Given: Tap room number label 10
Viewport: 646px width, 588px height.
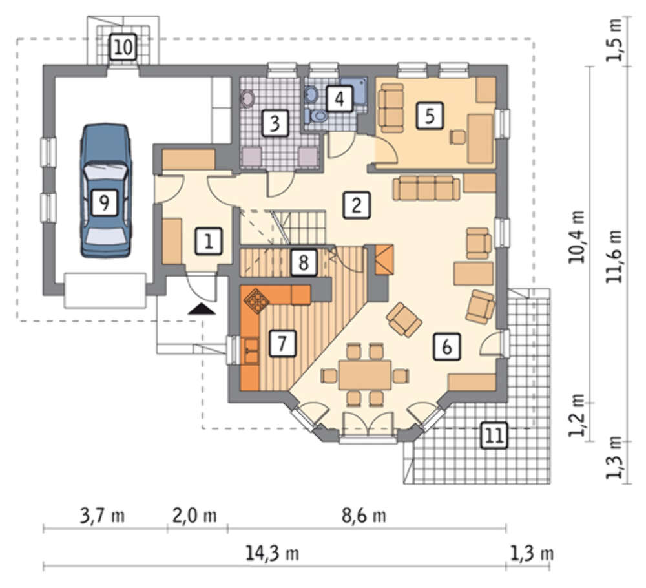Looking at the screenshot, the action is (123, 47).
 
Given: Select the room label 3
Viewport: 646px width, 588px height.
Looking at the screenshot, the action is (275, 123).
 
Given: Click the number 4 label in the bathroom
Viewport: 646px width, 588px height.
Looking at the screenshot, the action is (340, 98).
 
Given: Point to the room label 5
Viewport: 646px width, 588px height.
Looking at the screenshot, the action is (430, 116).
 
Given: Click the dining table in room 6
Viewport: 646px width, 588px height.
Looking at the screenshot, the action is (365, 375).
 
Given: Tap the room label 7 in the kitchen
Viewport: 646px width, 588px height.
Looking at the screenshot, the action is (282, 343).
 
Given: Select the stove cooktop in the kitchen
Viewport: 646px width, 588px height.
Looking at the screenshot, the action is (256, 300).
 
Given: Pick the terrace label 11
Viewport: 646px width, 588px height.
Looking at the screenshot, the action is (494, 435).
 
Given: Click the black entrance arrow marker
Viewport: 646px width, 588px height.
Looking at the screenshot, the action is (202, 309).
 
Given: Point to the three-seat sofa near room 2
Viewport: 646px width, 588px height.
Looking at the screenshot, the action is (426, 188).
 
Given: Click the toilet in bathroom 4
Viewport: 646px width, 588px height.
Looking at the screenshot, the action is (317, 116).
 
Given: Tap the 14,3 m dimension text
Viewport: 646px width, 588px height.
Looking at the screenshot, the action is (272, 554).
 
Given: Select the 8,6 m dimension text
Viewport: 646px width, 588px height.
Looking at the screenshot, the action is (364, 515).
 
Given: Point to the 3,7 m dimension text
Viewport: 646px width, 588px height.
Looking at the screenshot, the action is (102, 515).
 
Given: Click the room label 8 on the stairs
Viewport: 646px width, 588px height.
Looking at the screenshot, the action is (304, 262).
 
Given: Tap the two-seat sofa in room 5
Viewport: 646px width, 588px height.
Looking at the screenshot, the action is (390, 108).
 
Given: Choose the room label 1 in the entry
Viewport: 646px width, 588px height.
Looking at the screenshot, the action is (209, 240).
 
